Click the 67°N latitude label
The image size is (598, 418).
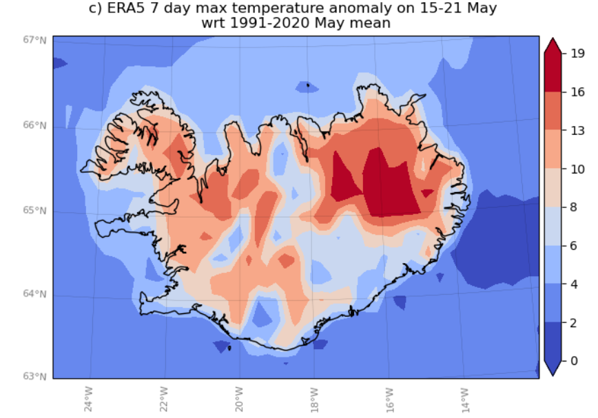[x=35, y=39]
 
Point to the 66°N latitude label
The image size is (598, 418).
[x=35, y=125]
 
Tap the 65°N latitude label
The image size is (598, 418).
[x=35, y=211]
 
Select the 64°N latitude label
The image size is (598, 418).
[x=35, y=294]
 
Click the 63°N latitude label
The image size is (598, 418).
[x=35, y=376]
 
